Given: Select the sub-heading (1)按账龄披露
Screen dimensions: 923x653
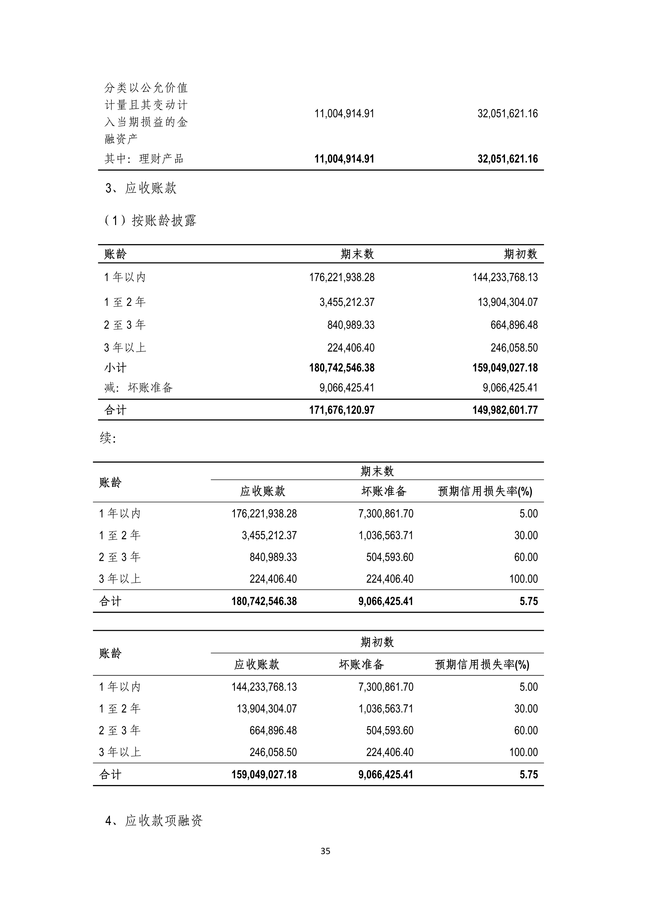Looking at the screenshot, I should point(150,221).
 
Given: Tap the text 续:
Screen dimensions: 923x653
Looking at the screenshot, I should point(108,438).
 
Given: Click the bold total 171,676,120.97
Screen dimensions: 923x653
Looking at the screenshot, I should point(342,410).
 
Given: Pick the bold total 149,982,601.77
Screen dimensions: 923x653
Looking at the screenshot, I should point(505,410).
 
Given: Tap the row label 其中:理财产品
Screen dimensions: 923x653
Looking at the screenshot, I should point(144,159).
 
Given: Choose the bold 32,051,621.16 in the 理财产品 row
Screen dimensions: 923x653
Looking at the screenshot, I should point(507,159).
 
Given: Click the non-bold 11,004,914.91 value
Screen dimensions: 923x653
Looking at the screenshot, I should point(344,114).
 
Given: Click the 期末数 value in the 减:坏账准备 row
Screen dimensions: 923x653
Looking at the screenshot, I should point(347,387).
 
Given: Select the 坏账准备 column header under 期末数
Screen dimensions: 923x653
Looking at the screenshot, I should point(384,491).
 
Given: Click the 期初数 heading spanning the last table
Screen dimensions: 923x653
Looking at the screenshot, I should point(377,642).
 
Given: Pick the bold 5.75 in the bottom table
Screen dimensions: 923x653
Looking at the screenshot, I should point(528,775).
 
